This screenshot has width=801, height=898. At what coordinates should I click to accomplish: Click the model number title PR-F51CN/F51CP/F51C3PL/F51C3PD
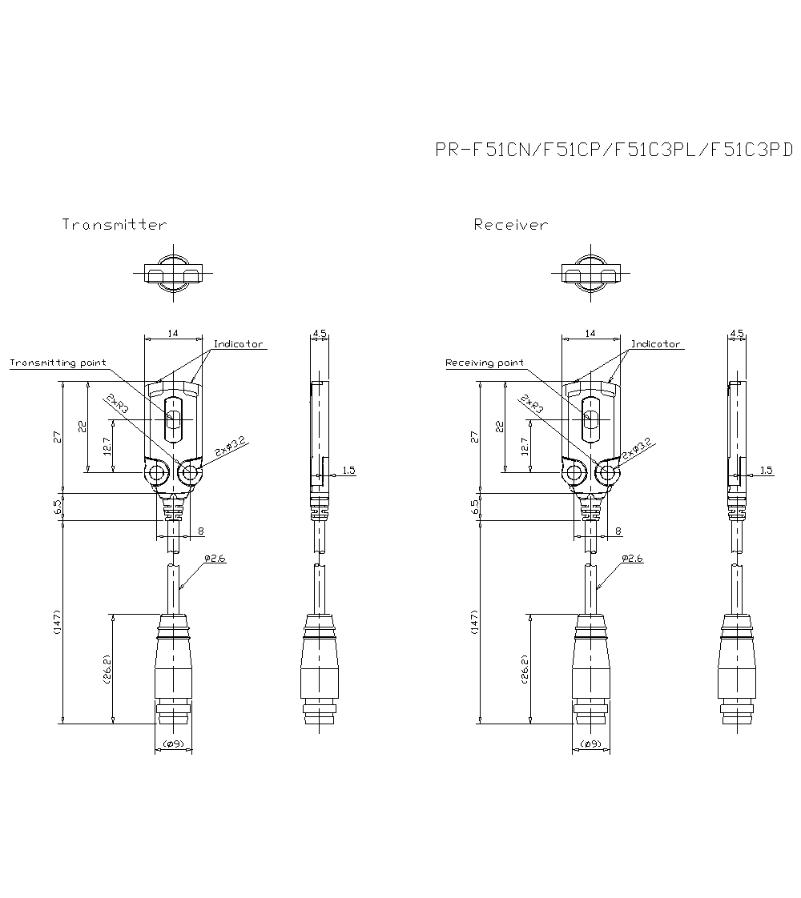(613, 150)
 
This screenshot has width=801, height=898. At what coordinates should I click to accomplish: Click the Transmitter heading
(115, 225)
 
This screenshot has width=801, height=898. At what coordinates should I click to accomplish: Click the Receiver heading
(511, 225)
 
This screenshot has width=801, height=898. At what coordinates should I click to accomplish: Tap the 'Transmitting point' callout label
(58, 363)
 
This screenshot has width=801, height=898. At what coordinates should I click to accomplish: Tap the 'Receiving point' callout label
(484, 363)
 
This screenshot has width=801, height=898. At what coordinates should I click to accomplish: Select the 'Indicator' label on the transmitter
(238, 344)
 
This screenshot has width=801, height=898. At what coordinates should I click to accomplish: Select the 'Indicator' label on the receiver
(655, 344)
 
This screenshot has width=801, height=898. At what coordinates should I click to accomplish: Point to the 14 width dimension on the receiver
(590, 332)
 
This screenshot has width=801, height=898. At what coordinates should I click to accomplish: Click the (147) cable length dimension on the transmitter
(57, 623)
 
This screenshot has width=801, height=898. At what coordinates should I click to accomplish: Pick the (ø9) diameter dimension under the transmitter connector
(173, 744)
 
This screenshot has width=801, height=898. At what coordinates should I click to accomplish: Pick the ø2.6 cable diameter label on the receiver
(632, 559)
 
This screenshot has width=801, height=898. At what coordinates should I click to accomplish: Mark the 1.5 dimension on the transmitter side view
(348, 471)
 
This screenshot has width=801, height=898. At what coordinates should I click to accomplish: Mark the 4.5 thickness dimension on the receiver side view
(737, 332)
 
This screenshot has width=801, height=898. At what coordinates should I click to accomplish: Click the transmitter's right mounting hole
(190, 474)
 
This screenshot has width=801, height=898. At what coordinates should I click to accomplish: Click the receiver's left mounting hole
(574, 474)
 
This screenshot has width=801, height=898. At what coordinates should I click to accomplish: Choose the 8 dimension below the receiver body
(617, 531)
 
